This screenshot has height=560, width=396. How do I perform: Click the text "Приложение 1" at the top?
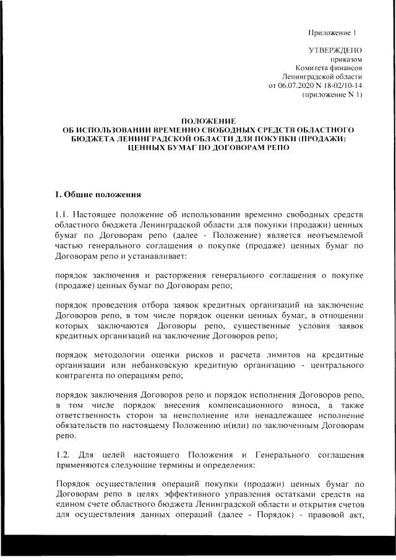(x=335, y=32)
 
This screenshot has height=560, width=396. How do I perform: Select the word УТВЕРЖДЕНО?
(x=335, y=50)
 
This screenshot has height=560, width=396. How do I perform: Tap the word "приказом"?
(x=347, y=59)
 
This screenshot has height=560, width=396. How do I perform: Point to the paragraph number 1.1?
(x=62, y=214)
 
